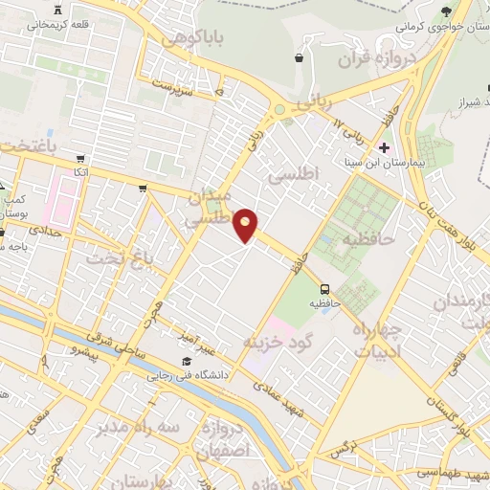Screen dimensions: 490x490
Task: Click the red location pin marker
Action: coord(247,225)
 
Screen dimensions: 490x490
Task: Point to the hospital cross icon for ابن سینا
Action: coord(384,147)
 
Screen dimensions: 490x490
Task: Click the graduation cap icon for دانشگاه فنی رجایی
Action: coord(186,362)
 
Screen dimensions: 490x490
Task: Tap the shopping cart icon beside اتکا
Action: coord(80,159)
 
